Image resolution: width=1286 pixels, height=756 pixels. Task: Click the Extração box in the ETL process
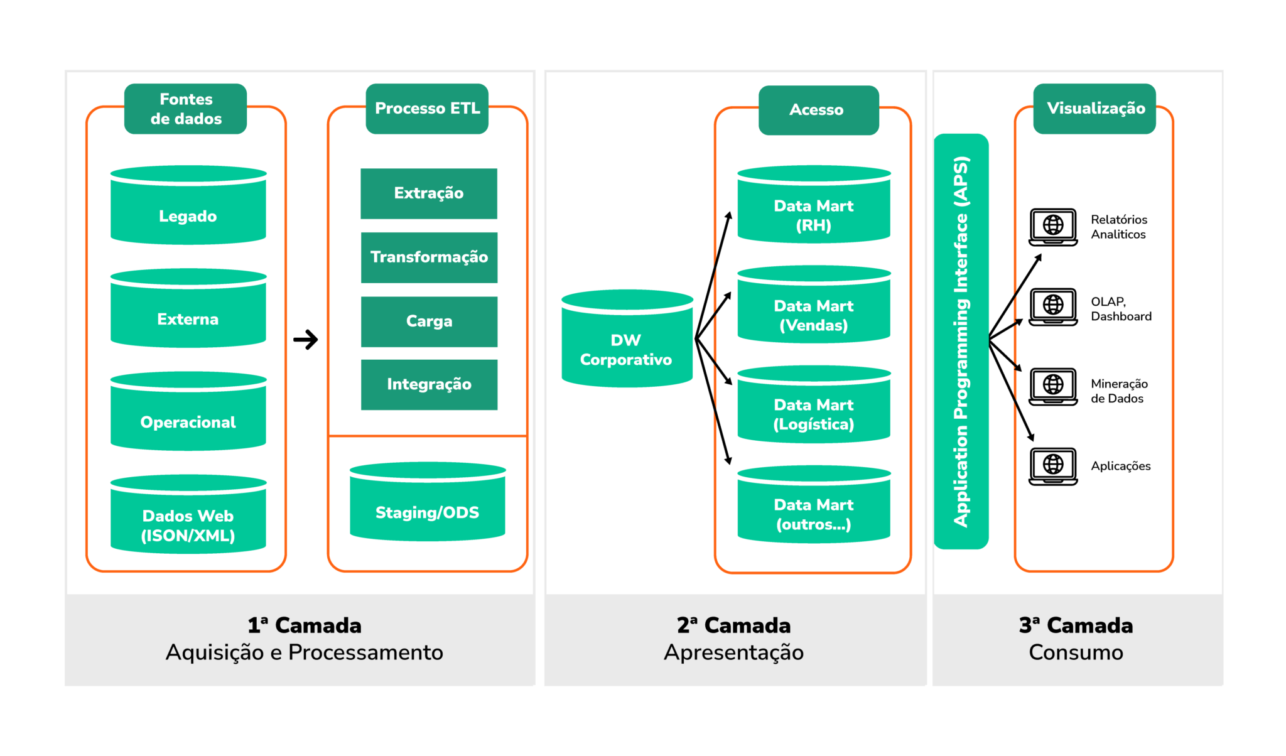(x=429, y=193)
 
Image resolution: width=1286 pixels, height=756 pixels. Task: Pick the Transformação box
(x=429, y=257)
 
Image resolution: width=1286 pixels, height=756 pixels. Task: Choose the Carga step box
(x=429, y=321)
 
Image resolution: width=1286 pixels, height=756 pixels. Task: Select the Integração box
(x=429, y=384)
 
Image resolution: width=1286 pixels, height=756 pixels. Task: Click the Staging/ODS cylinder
(x=427, y=506)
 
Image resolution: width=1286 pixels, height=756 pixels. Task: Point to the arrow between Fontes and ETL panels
(x=306, y=340)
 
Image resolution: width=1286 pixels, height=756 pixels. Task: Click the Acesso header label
(x=818, y=110)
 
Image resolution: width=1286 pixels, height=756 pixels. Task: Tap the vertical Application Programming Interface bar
(x=961, y=342)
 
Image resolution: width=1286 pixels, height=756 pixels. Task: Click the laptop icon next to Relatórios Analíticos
(x=1053, y=227)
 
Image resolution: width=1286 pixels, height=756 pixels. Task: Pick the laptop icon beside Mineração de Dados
(x=1053, y=386)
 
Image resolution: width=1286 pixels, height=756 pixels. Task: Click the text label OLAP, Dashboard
(x=1121, y=309)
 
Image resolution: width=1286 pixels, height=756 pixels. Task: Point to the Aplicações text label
(x=1120, y=466)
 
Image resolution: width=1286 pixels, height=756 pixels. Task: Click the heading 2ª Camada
(x=733, y=625)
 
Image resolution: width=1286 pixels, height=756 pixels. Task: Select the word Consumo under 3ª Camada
(x=1076, y=652)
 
